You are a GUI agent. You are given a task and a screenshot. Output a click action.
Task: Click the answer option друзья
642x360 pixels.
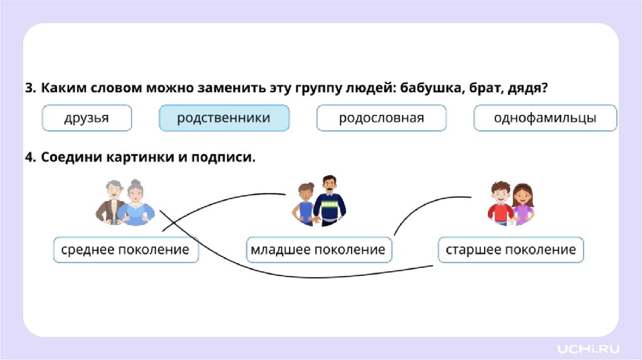(87, 118)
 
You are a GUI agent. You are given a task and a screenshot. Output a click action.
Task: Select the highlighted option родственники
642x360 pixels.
(224, 118)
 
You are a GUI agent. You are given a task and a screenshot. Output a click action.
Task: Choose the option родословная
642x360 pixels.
(381, 118)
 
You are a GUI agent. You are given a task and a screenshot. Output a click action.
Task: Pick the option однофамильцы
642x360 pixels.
(545, 118)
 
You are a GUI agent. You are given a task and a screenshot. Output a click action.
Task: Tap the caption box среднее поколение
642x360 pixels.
(125, 250)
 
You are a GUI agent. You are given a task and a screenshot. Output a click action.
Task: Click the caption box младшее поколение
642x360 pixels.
(318, 250)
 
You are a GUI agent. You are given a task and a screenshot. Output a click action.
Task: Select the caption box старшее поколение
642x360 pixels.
(510, 250)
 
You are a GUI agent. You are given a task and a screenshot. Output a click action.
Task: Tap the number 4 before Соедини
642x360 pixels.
(29, 157)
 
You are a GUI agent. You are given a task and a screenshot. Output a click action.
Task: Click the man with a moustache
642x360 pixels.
(329, 199)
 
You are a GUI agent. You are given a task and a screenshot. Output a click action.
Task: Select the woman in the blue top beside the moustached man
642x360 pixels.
(306, 204)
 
